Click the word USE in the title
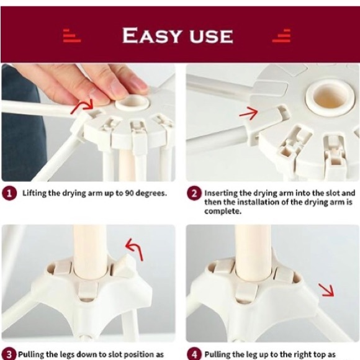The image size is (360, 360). (x=209, y=35)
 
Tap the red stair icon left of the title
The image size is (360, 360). (x=72, y=35)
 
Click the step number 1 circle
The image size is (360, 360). (x=9, y=194)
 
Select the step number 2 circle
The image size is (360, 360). (x=194, y=194)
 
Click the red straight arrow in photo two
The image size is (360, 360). (x=248, y=112)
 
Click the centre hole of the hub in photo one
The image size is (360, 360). (x=132, y=100)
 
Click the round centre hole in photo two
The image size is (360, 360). (x=325, y=98)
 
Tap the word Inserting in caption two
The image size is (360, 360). (x=222, y=194)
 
